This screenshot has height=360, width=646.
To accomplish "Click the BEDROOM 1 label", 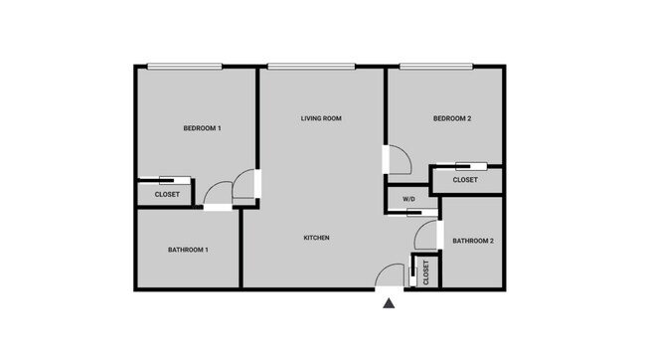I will (x=202, y=128).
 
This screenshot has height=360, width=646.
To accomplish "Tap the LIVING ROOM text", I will (x=321, y=118).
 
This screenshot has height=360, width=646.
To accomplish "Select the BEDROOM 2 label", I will (x=452, y=119).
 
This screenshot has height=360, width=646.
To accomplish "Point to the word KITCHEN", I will (x=316, y=238).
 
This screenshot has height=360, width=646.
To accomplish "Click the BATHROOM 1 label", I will (x=188, y=249).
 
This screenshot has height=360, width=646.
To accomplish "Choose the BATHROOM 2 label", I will (x=473, y=241).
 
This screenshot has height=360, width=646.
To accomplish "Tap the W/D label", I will (x=409, y=200).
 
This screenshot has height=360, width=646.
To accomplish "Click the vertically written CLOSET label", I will (x=426, y=272).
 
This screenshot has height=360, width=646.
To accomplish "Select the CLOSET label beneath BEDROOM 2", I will (x=465, y=180).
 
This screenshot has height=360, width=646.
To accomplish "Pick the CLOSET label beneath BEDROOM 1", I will (x=167, y=194).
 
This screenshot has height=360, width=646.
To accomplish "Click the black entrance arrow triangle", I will (x=390, y=304).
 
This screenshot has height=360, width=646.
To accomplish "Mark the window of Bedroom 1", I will (x=186, y=67).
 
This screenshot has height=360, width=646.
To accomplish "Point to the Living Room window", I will (x=311, y=67).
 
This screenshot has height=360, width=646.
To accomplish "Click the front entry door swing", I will (x=391, y=275).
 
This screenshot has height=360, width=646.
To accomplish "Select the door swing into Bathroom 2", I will (x=427, y=234).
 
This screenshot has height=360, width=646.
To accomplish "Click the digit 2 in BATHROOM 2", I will (x=491, y=241).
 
